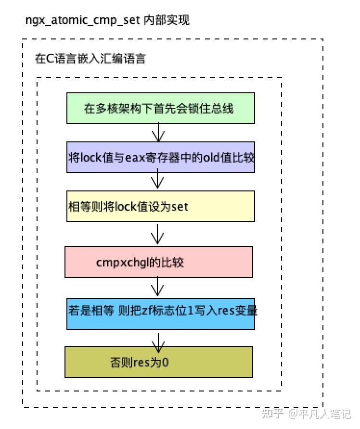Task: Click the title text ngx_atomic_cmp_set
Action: [x=82, y=20]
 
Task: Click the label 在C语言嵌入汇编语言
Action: [x=90, y=59]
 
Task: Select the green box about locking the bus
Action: [x=160, y=108]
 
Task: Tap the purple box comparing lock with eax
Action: [x=160, y=157]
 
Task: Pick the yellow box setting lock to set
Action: [x=160, y=206]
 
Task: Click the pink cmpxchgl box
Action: [x=159, y=262]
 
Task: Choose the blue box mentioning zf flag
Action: [x=160, y=314]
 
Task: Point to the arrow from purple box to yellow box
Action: [x=157, y=181]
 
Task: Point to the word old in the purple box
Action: [x=211, y=157]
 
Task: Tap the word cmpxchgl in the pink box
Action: [x=116, y=263]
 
